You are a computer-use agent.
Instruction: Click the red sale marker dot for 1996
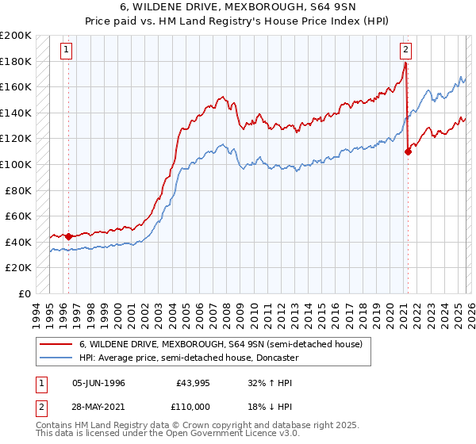pyautogui.click(x=68, y=236)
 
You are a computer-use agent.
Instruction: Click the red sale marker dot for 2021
pyautogui.click(x=408, y=151)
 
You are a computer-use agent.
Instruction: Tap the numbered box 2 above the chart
pyautogui.click(x=405, y=49)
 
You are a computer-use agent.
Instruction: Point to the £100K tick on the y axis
pyautogui.click(x=16, y=164)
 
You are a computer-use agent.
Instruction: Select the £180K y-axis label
pyautogui.click(x=16, y=61)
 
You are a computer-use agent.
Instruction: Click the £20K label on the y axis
pyautogui.click(x=18, y=268)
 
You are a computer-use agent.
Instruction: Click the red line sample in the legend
pyautogui.click(x=58, y=344)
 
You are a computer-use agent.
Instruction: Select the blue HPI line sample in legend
pyautogui.click(x=58, y=358)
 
